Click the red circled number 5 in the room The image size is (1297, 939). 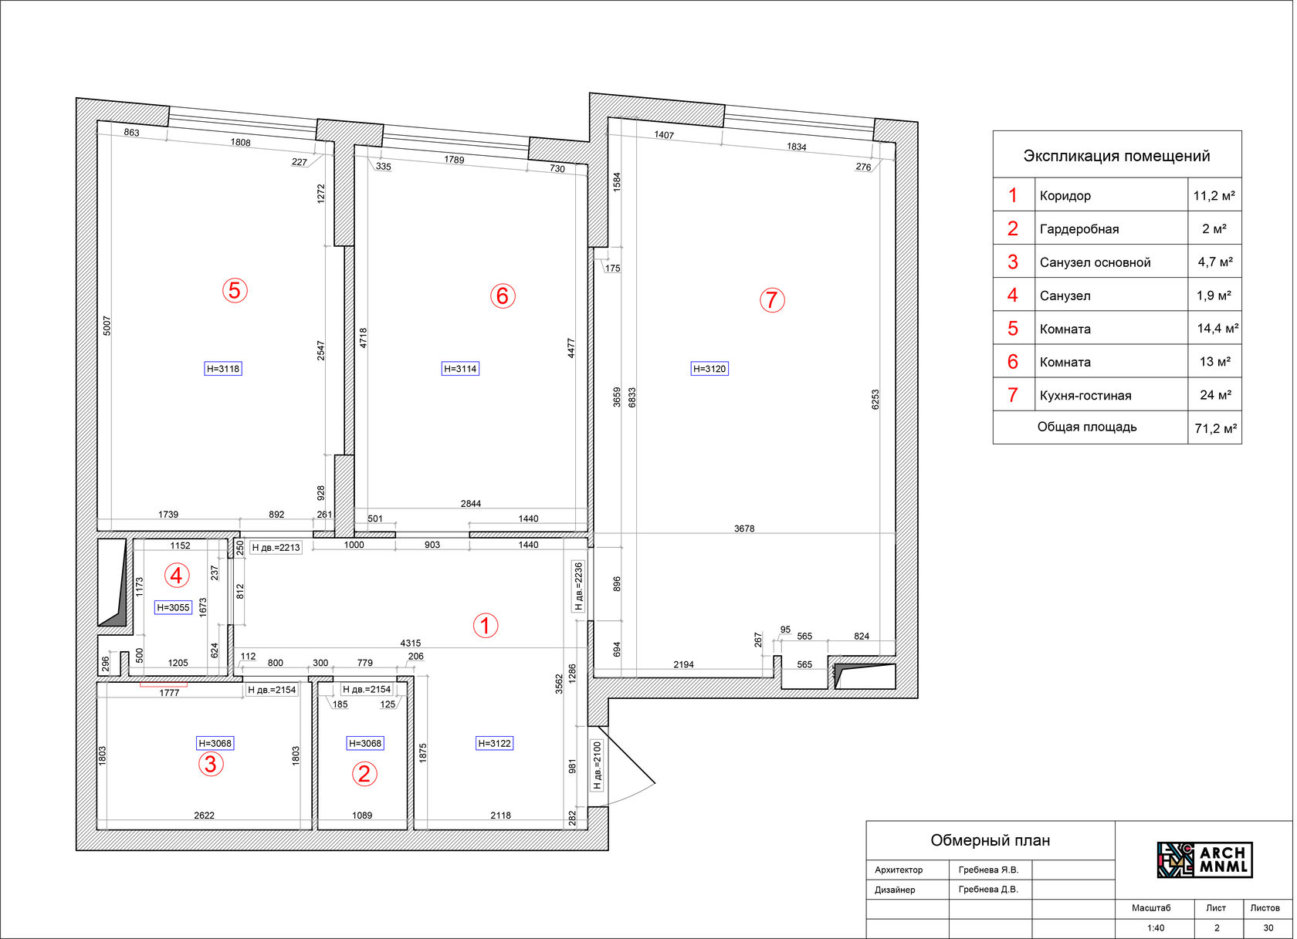pos(235,290)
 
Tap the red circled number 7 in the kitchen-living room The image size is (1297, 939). pos(772,300)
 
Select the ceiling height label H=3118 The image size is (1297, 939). pos(223,369)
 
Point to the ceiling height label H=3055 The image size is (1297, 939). pos(173,607)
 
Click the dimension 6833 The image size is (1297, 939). pos(632,397)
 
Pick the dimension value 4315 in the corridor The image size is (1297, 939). pos(411,643)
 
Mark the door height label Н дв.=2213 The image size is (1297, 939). pos(276,547)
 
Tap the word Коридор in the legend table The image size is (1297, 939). pos(1065,195)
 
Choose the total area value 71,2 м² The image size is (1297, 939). pos(1216,429)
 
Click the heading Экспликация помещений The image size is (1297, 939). pos(1116,156)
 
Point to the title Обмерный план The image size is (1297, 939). pos(990,840)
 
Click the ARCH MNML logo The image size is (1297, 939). pos(1204,860)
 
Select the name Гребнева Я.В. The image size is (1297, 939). pos(988,870)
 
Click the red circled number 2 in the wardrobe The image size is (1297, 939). pos(364,774)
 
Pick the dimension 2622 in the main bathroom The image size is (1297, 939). pos(204,816)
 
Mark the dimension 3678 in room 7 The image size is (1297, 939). pos(744,529)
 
